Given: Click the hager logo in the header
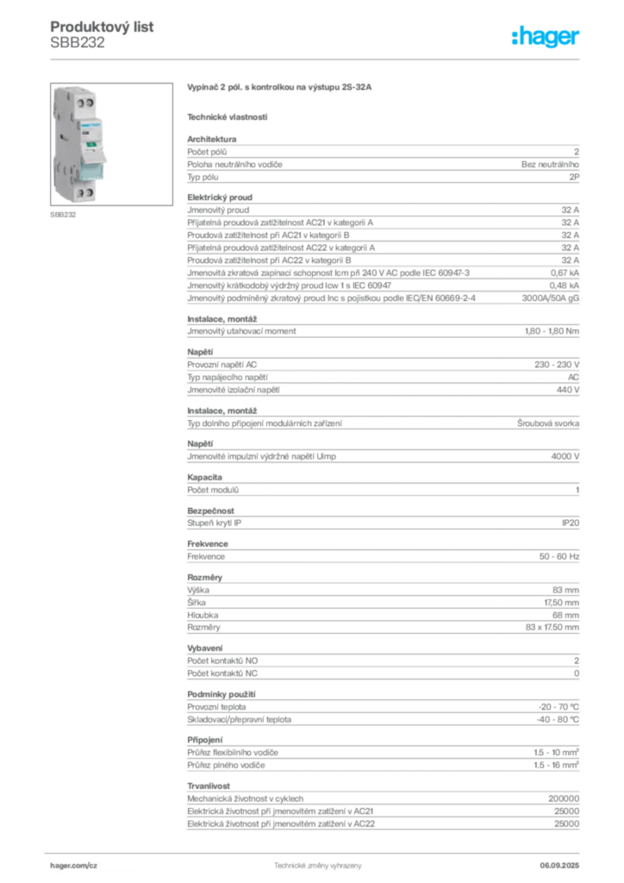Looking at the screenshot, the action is click(546, 36).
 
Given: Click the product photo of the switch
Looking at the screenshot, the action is click(111, 144).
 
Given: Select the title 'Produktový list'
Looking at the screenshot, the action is click(102, 27).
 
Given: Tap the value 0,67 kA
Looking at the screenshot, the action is click(565, 273).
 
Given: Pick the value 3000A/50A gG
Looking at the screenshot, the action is click(550, 297).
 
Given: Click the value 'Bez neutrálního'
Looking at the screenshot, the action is click(550, 165).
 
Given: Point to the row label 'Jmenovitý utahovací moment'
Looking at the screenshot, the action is click(241, 331).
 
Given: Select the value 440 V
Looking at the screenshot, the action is click(568, 390).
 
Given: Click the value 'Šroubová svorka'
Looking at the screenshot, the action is click(548, 423).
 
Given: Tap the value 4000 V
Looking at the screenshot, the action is click(565, 457).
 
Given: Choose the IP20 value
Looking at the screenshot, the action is click(571, 523).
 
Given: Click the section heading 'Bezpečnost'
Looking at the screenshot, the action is click(210, 510).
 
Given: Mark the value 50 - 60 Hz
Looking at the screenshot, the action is click(558, 556).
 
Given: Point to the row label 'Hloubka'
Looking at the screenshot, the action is click(203, 615).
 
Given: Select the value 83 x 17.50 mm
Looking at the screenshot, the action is click(552, 628).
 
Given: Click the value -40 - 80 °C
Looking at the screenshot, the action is click(558, 720).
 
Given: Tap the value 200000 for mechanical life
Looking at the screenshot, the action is click(564, 798).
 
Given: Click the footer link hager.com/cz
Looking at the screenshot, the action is click(74, 866).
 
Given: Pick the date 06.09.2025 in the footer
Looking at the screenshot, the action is click(559, 866).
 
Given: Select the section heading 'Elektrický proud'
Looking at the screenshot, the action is click(220, 197).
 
